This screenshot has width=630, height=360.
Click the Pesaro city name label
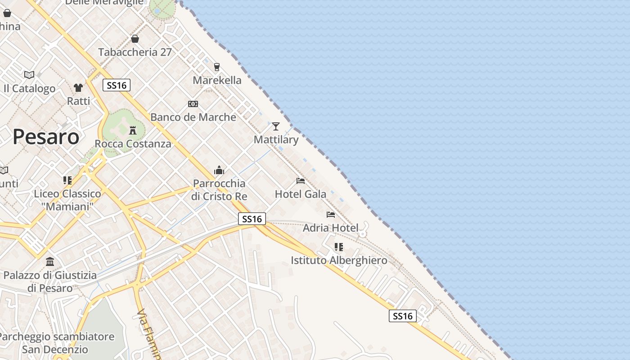[46, 137]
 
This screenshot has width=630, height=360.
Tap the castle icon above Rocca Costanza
[133, 130]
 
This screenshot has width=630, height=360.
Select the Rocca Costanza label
[133, 144]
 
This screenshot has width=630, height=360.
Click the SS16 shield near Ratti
[117, 85]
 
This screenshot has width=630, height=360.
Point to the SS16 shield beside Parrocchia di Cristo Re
[252, 219]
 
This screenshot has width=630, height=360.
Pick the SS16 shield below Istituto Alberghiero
[403, 316]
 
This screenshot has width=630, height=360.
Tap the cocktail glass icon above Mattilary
[276, 126]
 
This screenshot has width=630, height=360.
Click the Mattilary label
[276, 139]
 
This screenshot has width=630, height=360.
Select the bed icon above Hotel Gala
[301, 181]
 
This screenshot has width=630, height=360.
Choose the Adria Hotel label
[331, 228]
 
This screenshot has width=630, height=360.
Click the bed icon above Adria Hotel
[331, 215]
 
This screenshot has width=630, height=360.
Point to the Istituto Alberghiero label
[339, 261]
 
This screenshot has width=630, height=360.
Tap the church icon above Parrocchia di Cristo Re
[219, 170]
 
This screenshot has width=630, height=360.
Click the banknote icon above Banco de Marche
[193, 104]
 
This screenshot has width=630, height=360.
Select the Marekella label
[217, 81]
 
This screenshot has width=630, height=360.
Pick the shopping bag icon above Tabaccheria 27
[135, 39]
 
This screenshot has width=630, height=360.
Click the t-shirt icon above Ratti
[78, 88]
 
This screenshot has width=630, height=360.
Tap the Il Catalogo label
[30, 89]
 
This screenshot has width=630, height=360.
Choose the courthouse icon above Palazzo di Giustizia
[50, 262]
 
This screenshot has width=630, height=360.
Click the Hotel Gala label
[301, 194]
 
